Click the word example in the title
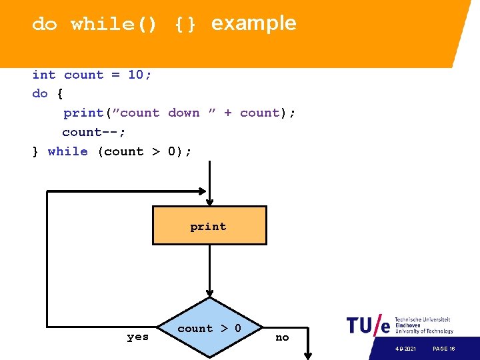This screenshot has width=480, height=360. click(x=253, y=23)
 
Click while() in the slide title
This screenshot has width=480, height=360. click(x=113, y=25)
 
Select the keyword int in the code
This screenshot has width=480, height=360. click(x=44, y=75)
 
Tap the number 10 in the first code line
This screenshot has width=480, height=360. click(x=136, y=75)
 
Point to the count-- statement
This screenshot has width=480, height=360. click(x=93, y=132)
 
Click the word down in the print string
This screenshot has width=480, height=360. click(x=184, y=113)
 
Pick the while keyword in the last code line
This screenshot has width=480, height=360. click(x=67, y=151)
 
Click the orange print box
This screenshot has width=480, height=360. click(x=209, y=225)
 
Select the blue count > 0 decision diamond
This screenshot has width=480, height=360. click(x=209, y=329)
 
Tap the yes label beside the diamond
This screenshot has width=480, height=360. click(x=138, y=337)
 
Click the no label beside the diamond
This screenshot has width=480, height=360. click(x=282, y=337)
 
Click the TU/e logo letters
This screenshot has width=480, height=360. click(x=368, y=325)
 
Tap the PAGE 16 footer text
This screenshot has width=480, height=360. click(x=444, y=349)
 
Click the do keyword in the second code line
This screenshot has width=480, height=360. click(x=40, y=93)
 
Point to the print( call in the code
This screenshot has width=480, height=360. click(x=84, y=113)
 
